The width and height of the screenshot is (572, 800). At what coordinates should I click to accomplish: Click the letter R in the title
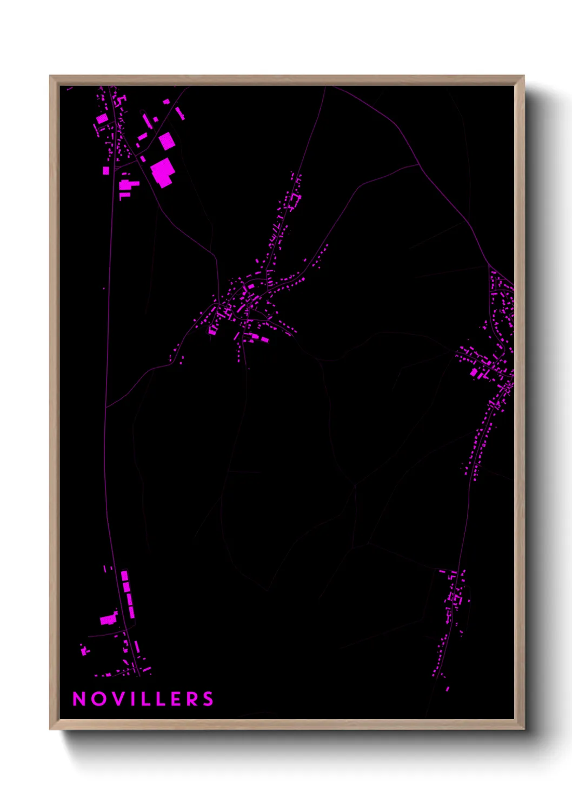pos(193,699)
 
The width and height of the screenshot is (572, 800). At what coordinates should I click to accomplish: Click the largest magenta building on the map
pos(162,172)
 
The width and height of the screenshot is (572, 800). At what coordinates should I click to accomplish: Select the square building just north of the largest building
pos(167,141)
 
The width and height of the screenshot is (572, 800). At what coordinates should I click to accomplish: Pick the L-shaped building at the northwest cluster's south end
pos(127,186)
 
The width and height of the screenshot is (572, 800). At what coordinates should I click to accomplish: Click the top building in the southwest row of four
pos(124,575)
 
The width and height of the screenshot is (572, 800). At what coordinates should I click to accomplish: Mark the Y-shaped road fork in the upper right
pos(419,164)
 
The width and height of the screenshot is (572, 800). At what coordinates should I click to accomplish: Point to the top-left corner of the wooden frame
pos(51,77)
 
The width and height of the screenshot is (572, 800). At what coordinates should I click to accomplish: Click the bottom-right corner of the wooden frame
pos(523,729)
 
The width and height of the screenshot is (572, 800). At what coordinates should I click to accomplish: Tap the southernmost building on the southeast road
pos(447,689)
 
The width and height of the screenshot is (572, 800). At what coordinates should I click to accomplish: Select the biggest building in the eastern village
pos(474,372)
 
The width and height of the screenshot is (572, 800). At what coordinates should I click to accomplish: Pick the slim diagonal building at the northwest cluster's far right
pos(180,114)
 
